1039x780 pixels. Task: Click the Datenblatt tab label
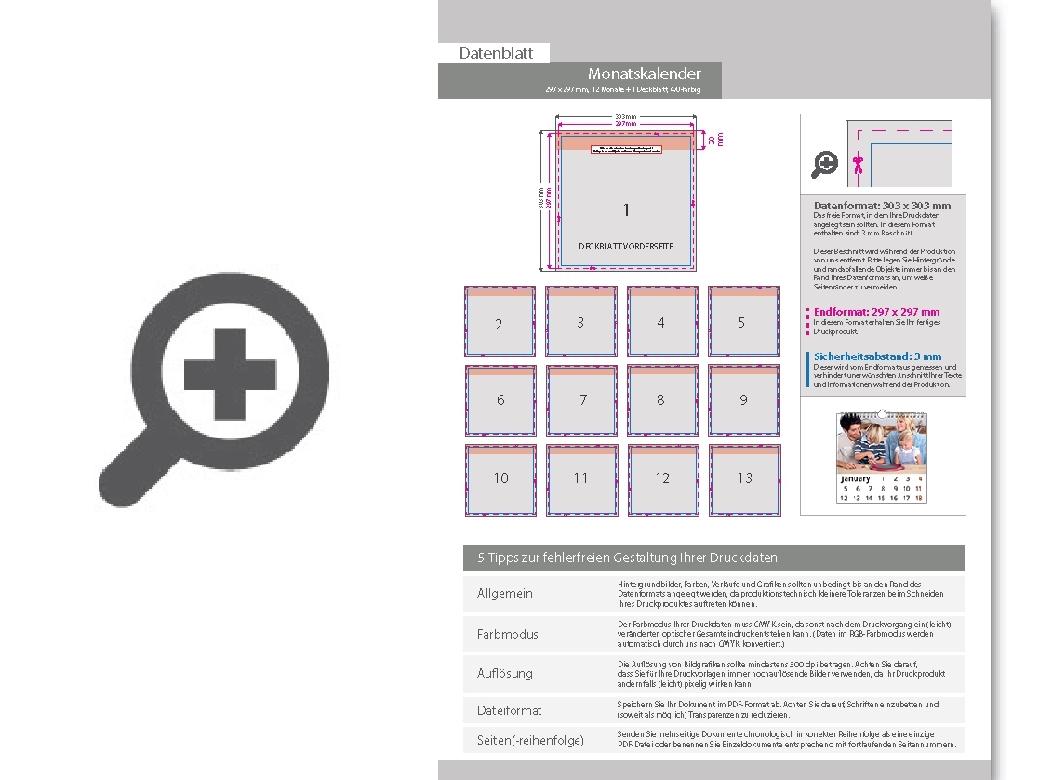496,54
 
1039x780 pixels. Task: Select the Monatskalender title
644,74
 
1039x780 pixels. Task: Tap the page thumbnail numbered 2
500,322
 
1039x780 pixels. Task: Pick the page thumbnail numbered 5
741,321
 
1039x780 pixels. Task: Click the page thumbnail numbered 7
582,400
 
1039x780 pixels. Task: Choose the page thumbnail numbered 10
500,479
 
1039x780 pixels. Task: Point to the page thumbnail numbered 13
744,479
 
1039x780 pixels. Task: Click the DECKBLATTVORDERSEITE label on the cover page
626,247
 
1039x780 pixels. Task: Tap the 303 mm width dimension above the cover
625,117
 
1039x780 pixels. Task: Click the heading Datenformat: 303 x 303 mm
882,205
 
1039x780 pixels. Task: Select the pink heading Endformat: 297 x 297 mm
876,312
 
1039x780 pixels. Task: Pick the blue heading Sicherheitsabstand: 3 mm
877,356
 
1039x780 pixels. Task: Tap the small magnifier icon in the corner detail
825,165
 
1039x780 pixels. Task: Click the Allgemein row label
505,594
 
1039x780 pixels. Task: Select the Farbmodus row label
507,634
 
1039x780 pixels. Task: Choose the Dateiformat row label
509,710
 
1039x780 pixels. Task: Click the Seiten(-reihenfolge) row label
530,740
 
